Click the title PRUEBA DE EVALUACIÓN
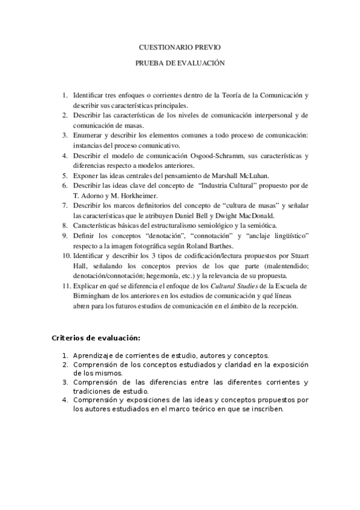coord(180,62)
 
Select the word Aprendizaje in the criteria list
coord(96,355)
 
